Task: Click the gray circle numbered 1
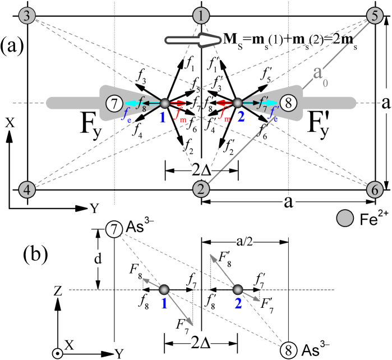[201, 16]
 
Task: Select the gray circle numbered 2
[201, 190]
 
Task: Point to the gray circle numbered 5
[375, 16]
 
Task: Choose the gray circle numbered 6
[375, 190]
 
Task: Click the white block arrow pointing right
[193, 39]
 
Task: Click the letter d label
[98, 259]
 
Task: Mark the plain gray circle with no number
[344, 218]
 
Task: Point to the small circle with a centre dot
[57, 353]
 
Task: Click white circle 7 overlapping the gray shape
[114, 103]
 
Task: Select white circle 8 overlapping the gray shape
[288, 103]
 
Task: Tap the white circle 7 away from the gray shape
[114, 229]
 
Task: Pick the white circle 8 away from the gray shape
[288, 350]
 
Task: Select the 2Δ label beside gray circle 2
[201, 168]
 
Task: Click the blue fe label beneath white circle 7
[127, 115]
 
